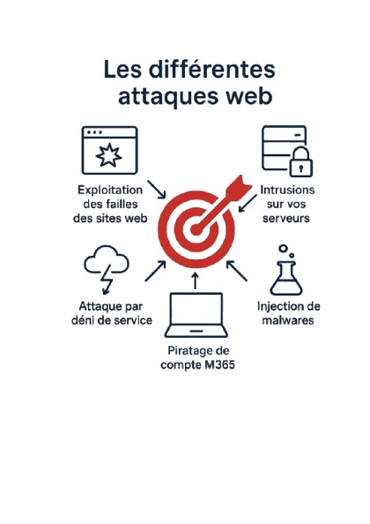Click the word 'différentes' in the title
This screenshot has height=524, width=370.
[x=211, y=70]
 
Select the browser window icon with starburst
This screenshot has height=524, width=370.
[x=110, y=150]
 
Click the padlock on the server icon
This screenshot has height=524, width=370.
[x=301, y=161]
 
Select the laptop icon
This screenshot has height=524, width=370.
[x=196, y=315]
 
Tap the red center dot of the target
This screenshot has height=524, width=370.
[x=196, y=229]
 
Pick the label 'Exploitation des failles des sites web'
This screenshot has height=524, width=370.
[x=110, y=204]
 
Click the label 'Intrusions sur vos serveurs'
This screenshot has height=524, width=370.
[x=286, y=204]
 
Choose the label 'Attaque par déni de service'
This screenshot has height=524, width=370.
[x=112, y=313]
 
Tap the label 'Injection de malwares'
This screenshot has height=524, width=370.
[x=289, y=313]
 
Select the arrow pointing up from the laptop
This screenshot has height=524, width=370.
[x=196, y=281]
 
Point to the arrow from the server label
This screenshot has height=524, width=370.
[x=248, y=203]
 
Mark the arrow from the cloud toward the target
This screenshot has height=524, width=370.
[x=155, y=271]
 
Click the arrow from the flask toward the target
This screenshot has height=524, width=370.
[x=237, y=271]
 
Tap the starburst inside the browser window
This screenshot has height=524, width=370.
[x=108, y=154]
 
